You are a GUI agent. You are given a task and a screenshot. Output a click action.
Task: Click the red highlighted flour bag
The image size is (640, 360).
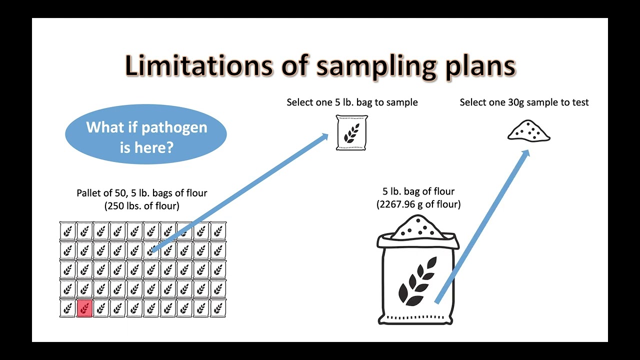coord(84,308)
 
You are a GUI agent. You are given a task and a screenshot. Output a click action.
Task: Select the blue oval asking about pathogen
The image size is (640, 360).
coord(146,134)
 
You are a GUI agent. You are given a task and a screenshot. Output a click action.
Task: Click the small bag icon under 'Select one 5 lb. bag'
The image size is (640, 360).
coord(351,132)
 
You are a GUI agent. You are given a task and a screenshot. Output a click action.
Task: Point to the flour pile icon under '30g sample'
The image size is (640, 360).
coord(528,131)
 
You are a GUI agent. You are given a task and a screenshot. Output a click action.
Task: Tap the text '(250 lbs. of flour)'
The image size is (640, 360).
coord(141,205)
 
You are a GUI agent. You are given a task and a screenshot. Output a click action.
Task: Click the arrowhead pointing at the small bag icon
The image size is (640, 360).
coord(323,137)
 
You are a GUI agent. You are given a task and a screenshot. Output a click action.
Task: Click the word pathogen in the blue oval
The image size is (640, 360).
coord(174,127)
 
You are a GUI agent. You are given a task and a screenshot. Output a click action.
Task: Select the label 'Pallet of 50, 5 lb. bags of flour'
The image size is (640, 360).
coord(141,193)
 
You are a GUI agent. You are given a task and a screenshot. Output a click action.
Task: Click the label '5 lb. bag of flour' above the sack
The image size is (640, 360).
coord(418,191)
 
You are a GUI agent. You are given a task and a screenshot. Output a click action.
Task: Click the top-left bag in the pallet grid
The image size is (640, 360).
coord(68,231)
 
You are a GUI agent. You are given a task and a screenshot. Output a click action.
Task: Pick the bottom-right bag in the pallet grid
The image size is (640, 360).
coord(218,308)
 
